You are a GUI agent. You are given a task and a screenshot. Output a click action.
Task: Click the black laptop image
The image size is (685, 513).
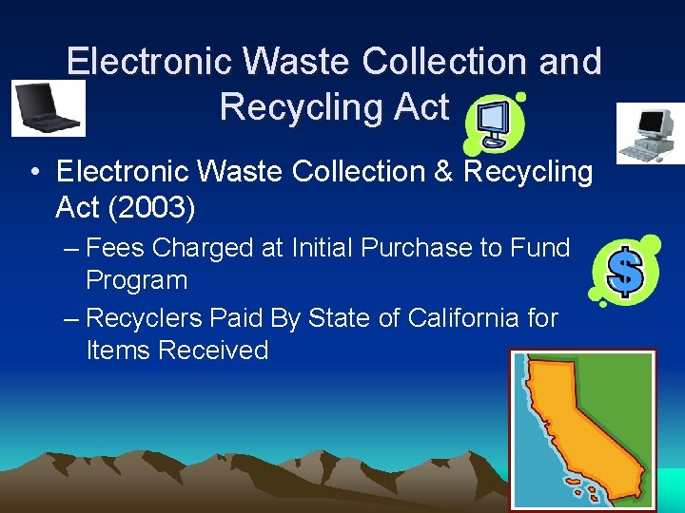pos(48,108)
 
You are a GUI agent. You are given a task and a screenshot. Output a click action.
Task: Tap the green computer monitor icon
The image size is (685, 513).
pos(493,123)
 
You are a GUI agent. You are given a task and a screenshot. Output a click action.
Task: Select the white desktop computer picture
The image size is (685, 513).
pos(649,134)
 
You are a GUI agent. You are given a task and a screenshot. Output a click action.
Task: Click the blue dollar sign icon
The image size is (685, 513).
pos(625,270)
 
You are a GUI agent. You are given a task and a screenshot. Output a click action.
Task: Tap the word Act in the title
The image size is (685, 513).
pos(420,107)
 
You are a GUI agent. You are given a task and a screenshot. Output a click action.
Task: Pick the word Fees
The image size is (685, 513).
pos(115,248)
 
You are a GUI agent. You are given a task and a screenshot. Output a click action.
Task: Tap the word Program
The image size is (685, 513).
pos(136,281)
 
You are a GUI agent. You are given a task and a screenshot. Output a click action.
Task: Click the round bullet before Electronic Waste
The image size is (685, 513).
pos(34,173)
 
